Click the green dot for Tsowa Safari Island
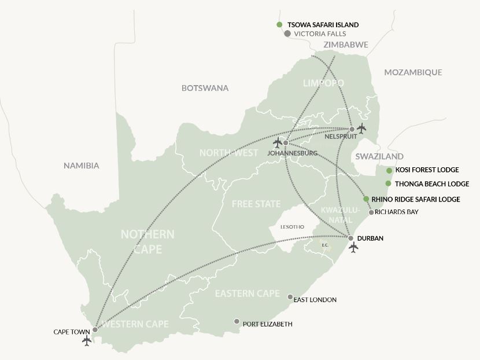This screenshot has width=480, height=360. [x=279, y=25]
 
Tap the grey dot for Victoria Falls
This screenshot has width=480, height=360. [x=287, y=34]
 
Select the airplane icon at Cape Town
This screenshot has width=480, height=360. [x=87, y=341]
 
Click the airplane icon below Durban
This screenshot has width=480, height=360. [x=353, y=248]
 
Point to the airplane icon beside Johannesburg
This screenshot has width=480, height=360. [x=278, y=142]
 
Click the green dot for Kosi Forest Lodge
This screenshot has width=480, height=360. [x=389, y=170]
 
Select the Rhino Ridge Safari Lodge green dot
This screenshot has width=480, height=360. [x=366, y=199]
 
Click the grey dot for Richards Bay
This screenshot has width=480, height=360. [x=371, y=212]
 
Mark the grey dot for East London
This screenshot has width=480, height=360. [x=290, y=297]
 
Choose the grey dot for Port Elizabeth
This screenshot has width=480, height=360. [x=237, y=321]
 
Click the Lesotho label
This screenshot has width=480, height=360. [x=291, y=226]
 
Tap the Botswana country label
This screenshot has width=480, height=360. [x=205, y=89]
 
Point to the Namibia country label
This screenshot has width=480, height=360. [x=81, y=166]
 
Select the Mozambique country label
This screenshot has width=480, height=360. [x=413, y=72]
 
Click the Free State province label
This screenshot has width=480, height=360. [x=256, y=204]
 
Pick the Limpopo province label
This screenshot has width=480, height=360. [x=323, y=83]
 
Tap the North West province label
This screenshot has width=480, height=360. [x=228, y=153]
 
